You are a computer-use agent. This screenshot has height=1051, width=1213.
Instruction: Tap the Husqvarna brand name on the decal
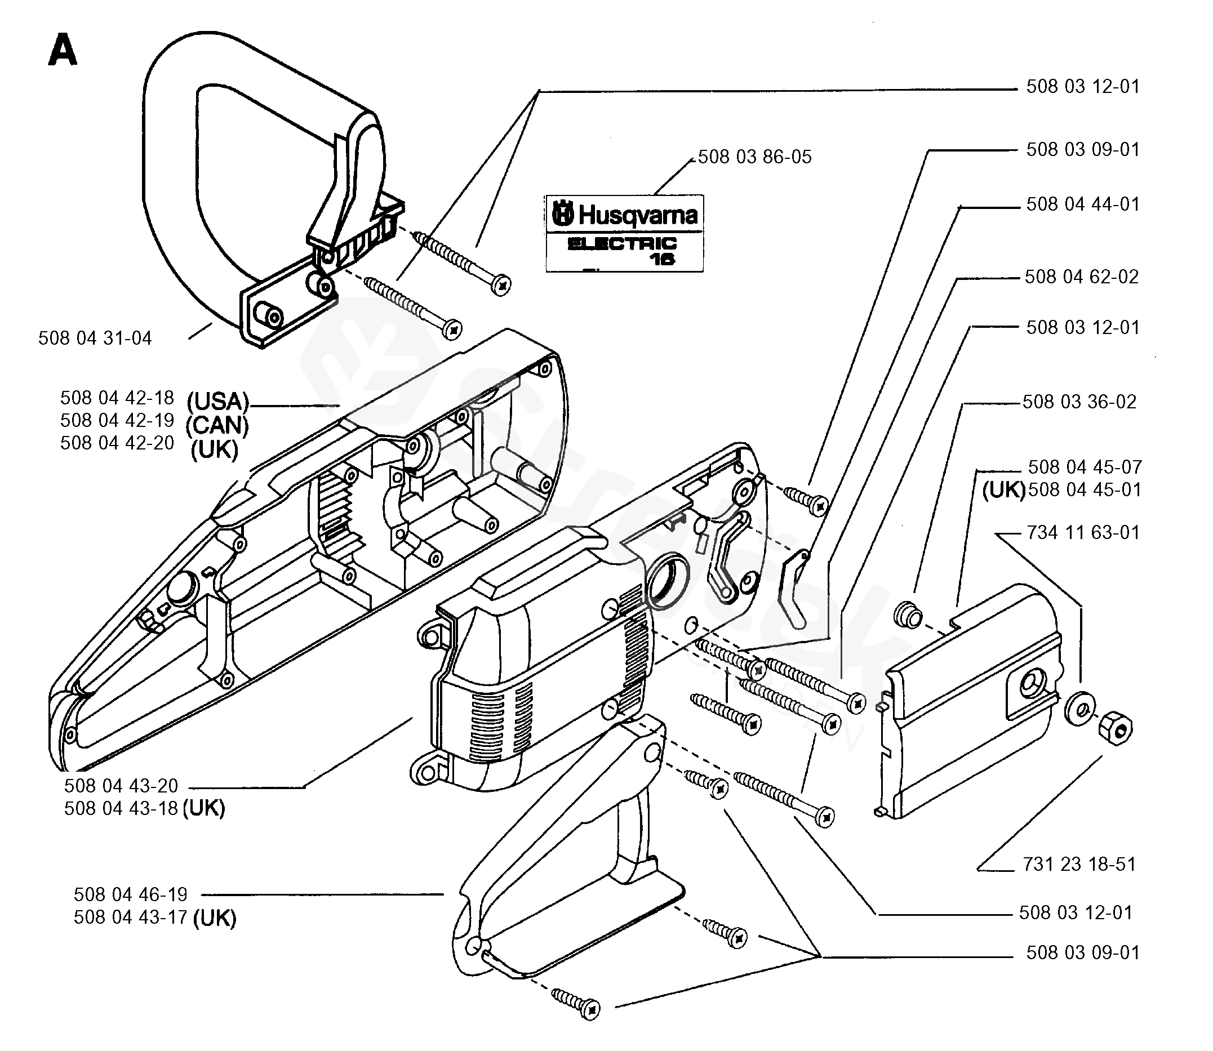pyautogui.click(x=638, y=215)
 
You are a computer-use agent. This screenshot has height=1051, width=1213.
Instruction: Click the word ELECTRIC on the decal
pyautogui.click(x=622, y=243)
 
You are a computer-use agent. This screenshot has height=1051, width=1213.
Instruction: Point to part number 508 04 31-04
pyautogui.click(x=95, y=339)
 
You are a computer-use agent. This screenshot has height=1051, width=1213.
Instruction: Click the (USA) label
pyautogui.click(x=218, y=402)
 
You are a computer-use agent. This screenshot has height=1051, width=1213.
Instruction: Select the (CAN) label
pyautogui.click(x=217, y=426)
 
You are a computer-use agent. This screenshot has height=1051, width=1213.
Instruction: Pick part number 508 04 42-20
pyautogui.click(x=117, y=443)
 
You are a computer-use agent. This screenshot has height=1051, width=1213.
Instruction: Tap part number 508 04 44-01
pyautogui.click(x=1082, y=204)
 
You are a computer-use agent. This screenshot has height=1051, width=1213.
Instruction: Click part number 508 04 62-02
pyautogui.click(x=1081, y=277)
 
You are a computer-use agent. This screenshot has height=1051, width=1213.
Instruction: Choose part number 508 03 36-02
pyautogui.click(x=1079, y=402)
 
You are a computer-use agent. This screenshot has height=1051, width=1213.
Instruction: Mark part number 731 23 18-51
pyautogui.click(x=1079, y=864)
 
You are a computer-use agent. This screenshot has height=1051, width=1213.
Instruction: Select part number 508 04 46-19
pyautogui.click(x=130, y=894)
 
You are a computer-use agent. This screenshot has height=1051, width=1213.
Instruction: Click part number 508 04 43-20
pyautogui.click(x=121, y=786)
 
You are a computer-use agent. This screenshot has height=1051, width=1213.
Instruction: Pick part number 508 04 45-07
pyautogui.click(x=1085, y=467)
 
